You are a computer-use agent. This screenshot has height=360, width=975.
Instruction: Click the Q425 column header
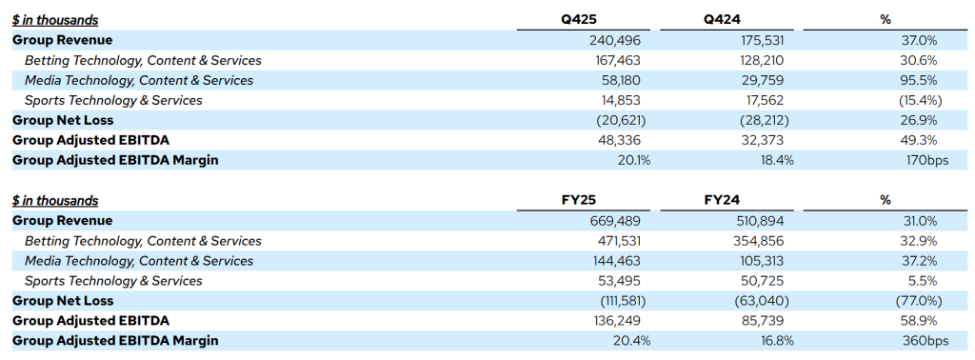578,20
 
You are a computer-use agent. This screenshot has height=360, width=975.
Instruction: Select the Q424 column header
722,20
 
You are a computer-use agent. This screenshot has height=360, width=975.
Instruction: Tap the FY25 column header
579,200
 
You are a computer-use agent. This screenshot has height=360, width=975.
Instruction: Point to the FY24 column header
722,200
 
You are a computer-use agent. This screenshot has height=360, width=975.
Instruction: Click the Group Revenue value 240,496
614,41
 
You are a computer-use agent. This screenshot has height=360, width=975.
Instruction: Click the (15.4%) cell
918,101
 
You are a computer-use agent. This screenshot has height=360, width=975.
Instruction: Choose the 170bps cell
927,160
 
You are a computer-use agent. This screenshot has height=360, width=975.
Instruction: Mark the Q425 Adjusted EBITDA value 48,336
617,141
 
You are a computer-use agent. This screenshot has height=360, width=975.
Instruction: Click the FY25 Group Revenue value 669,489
614,221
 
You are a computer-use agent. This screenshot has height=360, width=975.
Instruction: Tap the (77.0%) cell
918,301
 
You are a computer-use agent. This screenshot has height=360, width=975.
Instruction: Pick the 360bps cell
927,341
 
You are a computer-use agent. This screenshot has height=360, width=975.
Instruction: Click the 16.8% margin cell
776,341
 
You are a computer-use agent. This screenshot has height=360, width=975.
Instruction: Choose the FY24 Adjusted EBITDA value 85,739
761,321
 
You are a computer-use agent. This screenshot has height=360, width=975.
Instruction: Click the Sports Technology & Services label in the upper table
113,101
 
